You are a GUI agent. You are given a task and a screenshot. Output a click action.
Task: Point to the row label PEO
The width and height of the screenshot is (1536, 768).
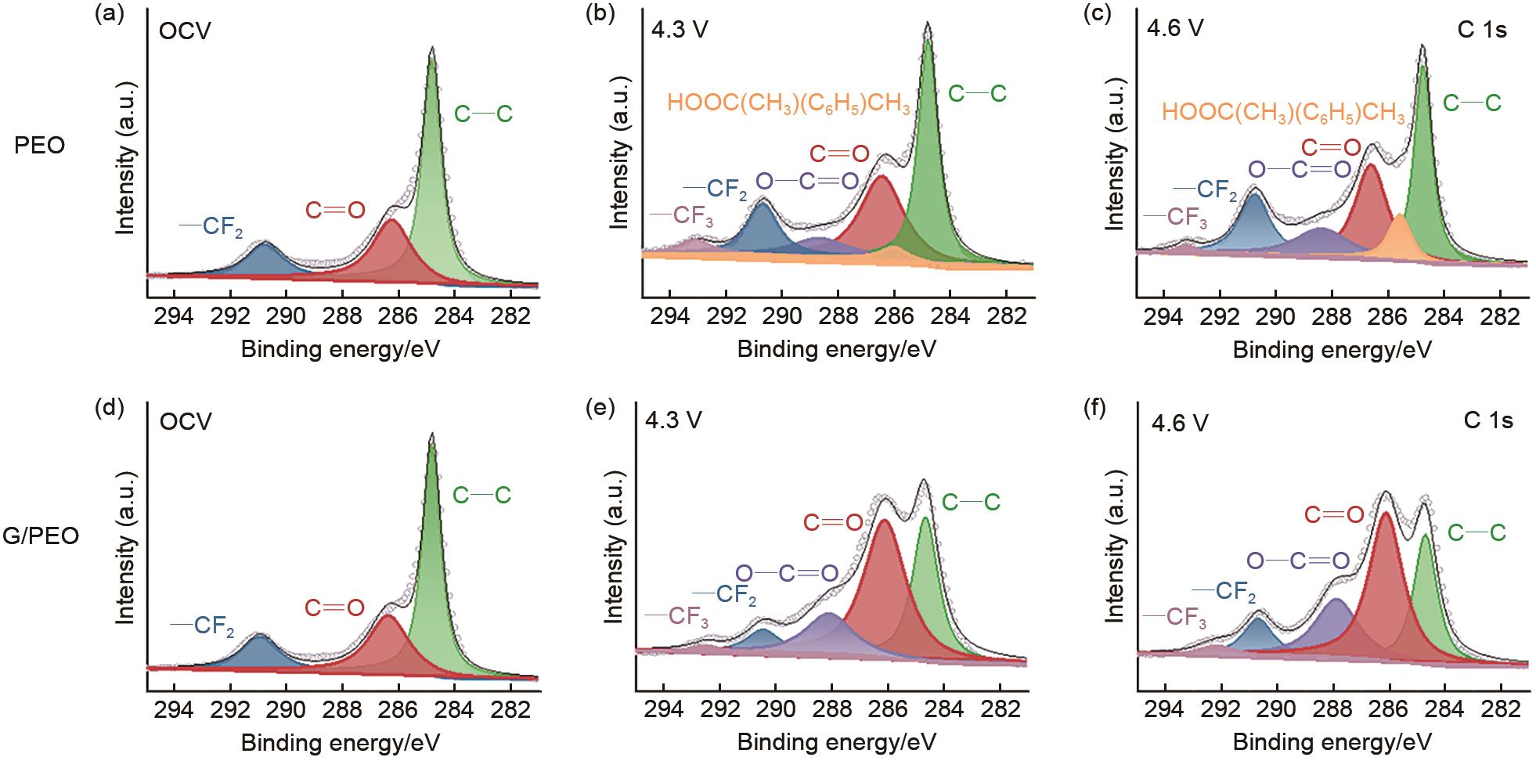(x=40, y=146)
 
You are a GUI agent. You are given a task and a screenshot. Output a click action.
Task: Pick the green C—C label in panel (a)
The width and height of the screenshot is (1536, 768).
(x=483, y=114)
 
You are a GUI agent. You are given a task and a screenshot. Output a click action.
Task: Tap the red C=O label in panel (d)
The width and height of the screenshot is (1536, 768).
(x=334, y=608)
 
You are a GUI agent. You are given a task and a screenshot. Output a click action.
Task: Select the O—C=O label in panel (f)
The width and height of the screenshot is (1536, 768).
(x=1297, y=561)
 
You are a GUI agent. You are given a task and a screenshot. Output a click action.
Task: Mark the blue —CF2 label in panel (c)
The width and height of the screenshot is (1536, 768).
(x=1206, y=190)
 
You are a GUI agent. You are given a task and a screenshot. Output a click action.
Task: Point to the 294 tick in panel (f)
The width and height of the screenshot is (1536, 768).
(x=1164, y=716)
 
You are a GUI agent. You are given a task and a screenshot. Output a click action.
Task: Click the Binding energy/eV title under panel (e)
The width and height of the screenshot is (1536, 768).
(x=836, y=741)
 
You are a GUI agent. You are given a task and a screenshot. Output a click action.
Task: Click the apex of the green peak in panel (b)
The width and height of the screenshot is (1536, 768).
(x=928, y=41)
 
